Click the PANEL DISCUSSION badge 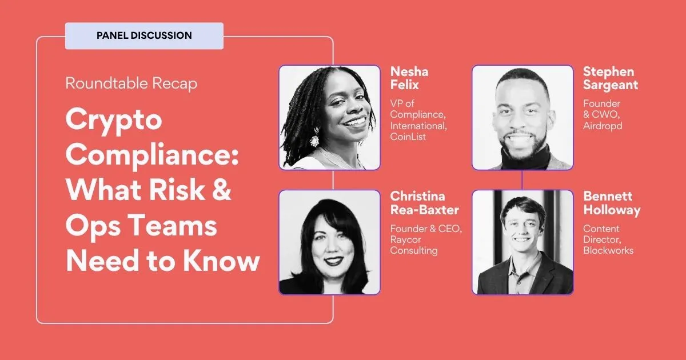[x=144, y=35]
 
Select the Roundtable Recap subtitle [x=131, y=83]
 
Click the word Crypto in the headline [x=114, y=121]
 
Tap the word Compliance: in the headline [x=151, y=155]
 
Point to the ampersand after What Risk [x=220, y=190]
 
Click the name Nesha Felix [x=409, y=78]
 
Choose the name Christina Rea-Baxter [x=424, y=203]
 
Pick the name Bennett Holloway [x=611, y=203]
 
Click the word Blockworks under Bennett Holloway [x=608, y=250]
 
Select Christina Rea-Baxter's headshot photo [x=329, y=242]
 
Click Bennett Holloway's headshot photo [x=523, y=242]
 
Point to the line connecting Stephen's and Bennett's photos [x=523, y=180]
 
